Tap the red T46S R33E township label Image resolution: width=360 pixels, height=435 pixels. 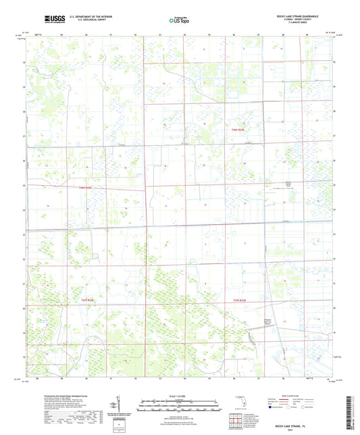[x=233, y=129]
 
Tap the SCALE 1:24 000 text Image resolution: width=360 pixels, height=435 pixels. [x=180, y=395]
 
